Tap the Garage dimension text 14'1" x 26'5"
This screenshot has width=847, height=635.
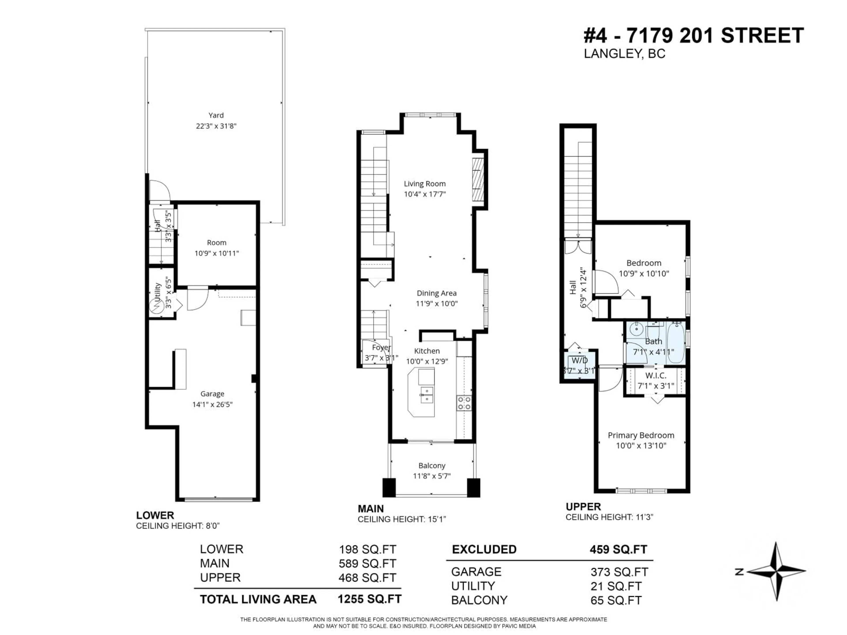point(212,405)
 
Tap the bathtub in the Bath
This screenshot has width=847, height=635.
point(676,343)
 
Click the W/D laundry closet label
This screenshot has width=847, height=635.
point(579,360)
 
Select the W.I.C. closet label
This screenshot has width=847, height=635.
point(656,375)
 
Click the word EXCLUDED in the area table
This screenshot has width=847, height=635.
point(484,549)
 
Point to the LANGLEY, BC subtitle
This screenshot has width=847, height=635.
point(624,54)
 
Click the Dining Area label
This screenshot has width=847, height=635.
point(437,293)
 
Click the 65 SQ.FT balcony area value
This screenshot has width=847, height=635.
point(616,600)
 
